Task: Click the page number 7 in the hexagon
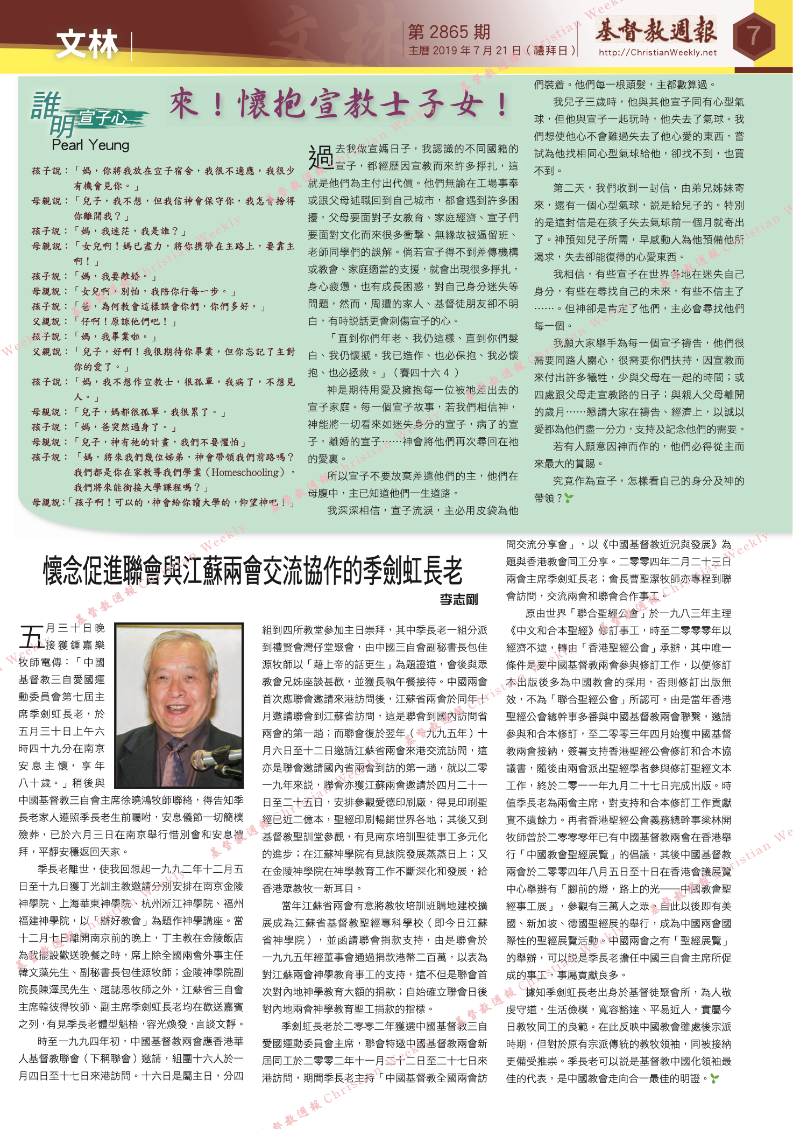[x=754, y=36]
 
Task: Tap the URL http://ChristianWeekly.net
[x=657, y=52]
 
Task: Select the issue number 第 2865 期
[x=449, y=32]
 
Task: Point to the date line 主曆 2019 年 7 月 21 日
[x=465, y=51]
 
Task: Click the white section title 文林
[x=87, y=44]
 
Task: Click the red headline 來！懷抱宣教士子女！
[x=339, y=104]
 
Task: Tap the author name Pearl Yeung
[x=90, y=145]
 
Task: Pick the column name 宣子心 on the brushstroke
[x=102, y=117]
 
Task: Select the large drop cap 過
[x=321, y=158]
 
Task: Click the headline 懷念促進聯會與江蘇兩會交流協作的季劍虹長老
[x=252, y=571]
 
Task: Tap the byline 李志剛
[x=458, y=599]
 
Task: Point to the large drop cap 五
[x=31, y=636]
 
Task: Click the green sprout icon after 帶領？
[x=569, y=499]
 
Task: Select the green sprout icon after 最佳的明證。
[x=714, y=1078]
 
